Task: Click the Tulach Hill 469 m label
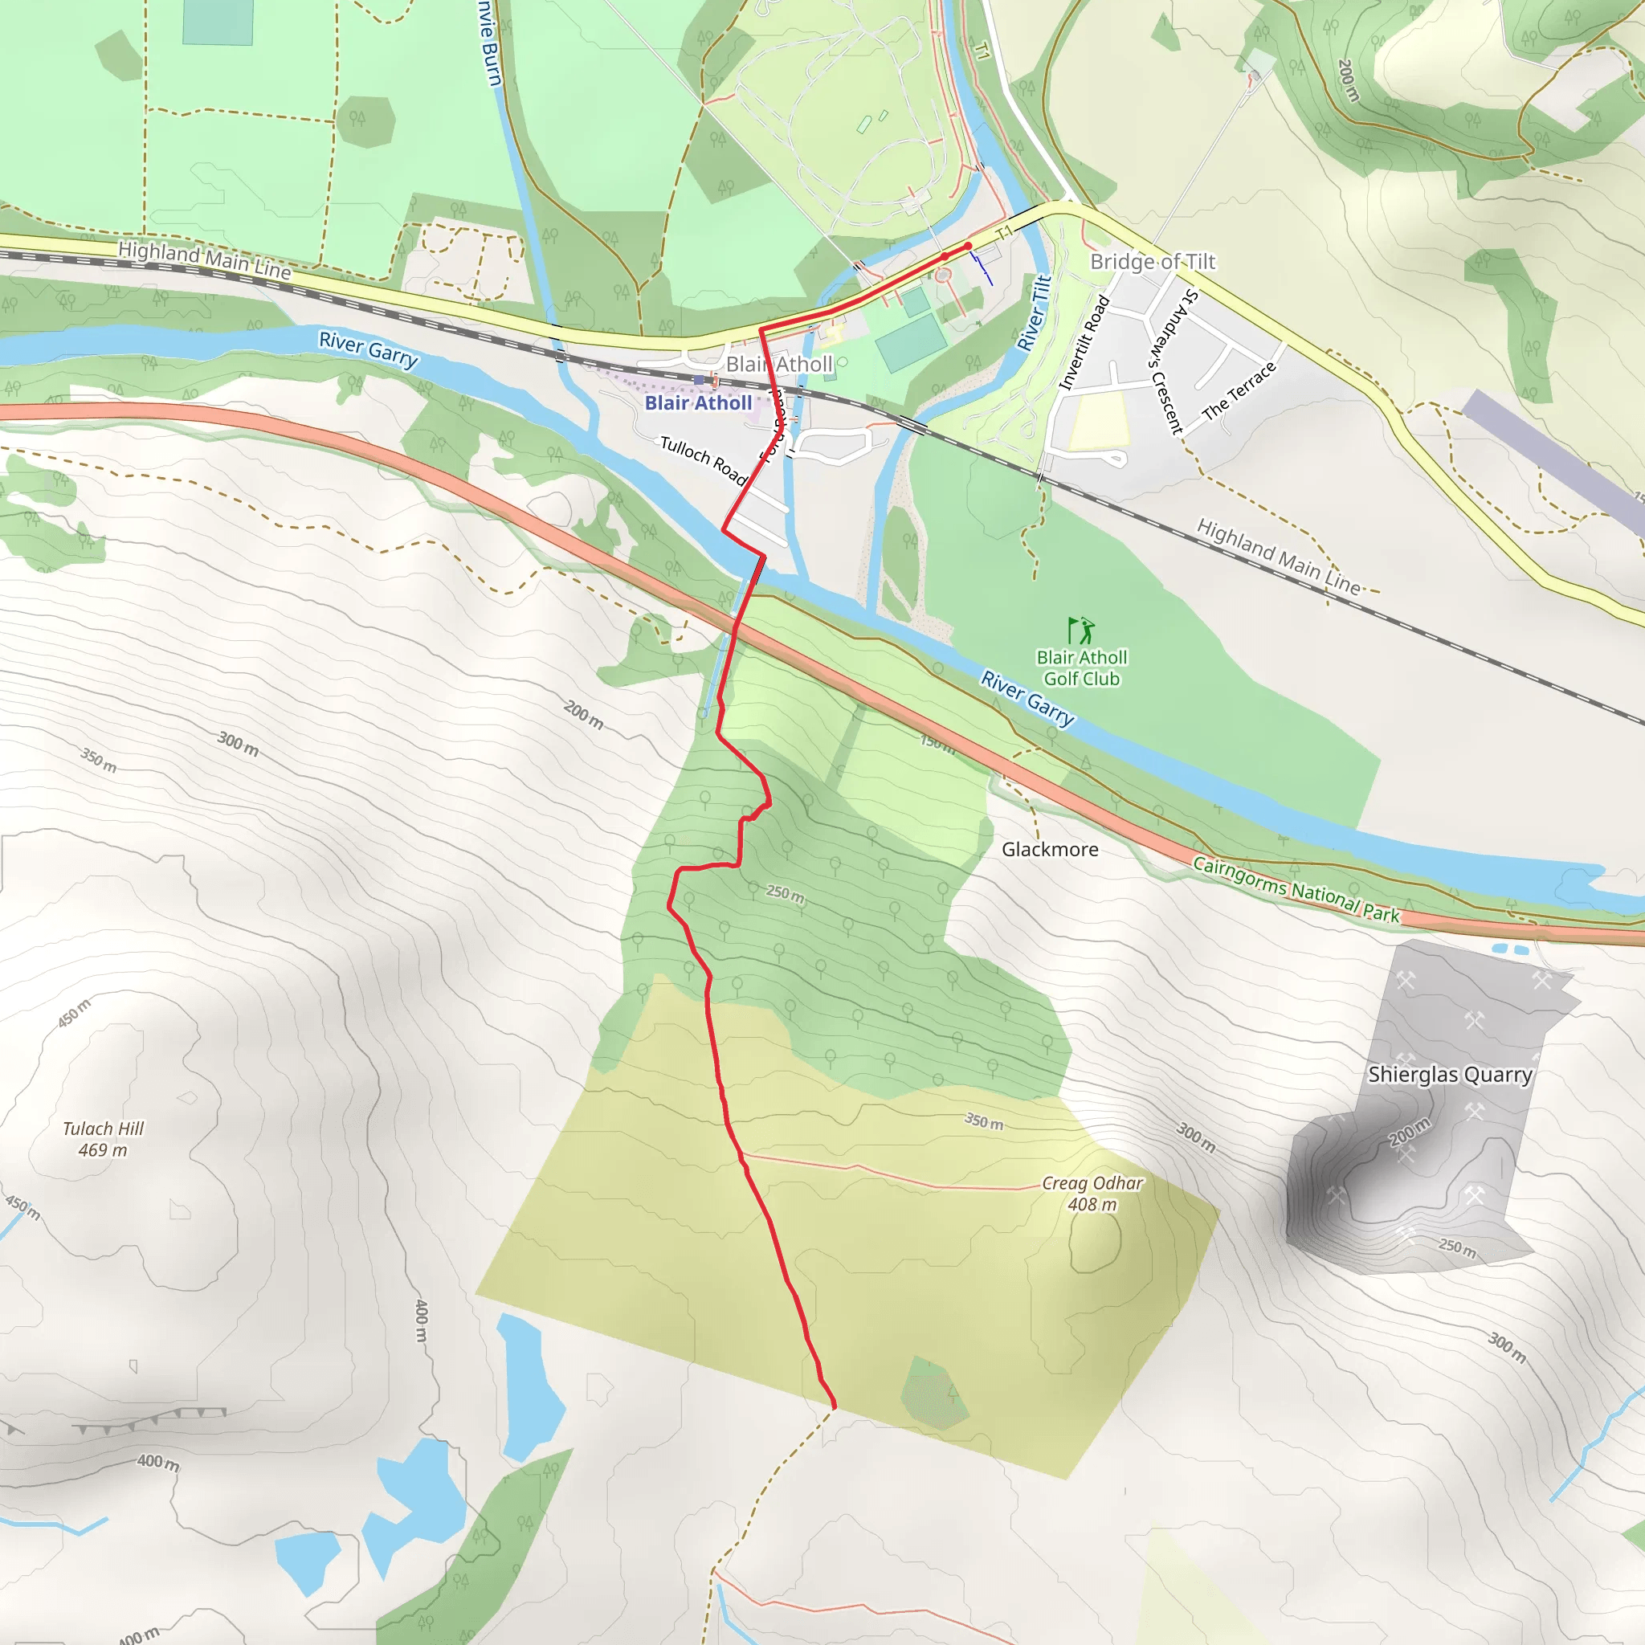point(103,1139)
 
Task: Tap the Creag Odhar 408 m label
point(1092,1194)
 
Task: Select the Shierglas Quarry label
point(1450,1075)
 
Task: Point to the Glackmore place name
point(1050,849)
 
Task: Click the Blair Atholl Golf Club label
point(1081,668)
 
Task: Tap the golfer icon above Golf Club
point(1080,631)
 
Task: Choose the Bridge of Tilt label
point(1153,261)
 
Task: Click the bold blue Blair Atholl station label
point(698,402)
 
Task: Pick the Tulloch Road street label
point(704,459)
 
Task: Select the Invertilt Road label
point(1084,342)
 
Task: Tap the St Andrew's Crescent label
point(1166,362)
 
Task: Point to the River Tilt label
point(1035,312)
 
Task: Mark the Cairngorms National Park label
point(1296,890)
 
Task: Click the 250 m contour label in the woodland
point(785,894)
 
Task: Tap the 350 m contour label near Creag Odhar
point(983,1122)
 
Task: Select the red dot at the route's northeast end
point(968,246)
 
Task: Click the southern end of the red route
point(834,1407)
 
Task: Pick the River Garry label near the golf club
point(1027,697)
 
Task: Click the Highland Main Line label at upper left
point(204,259)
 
